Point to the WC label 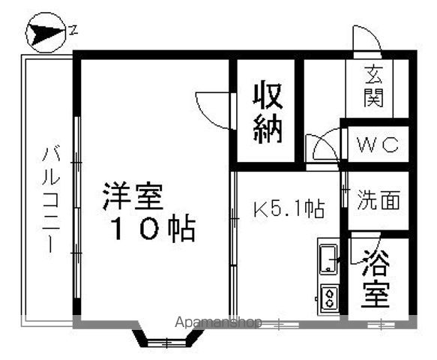click(x=379, y=145)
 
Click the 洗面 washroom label click(x=379, y=199)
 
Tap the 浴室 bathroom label click(x=375, y=279)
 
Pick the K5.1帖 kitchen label click(x=289, y=208)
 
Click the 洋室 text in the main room click(x=133, y=196)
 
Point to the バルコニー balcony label click(x=51, y=199)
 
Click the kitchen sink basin click(x=328, y=259)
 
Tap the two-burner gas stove click(x=330, y=298)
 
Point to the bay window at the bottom click(x=167, y=338)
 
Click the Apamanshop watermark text click(x=219, y=322)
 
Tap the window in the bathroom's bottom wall click(x=381, y=325)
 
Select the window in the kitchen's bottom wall click(x=280, y=325)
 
